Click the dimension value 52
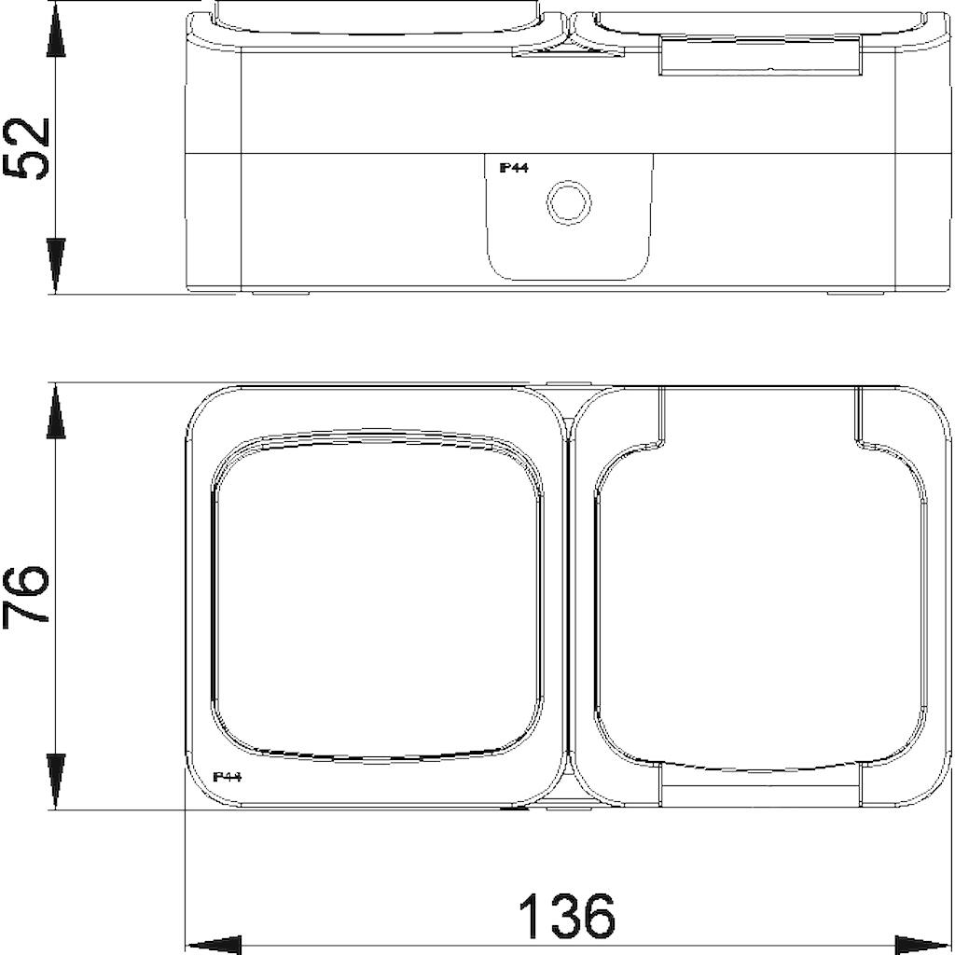click(27, 148)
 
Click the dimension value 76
click(25, 594)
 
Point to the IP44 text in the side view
click(514, 168)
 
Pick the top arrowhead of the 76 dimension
click(55, 411)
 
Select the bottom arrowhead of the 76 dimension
click(55, 781)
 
